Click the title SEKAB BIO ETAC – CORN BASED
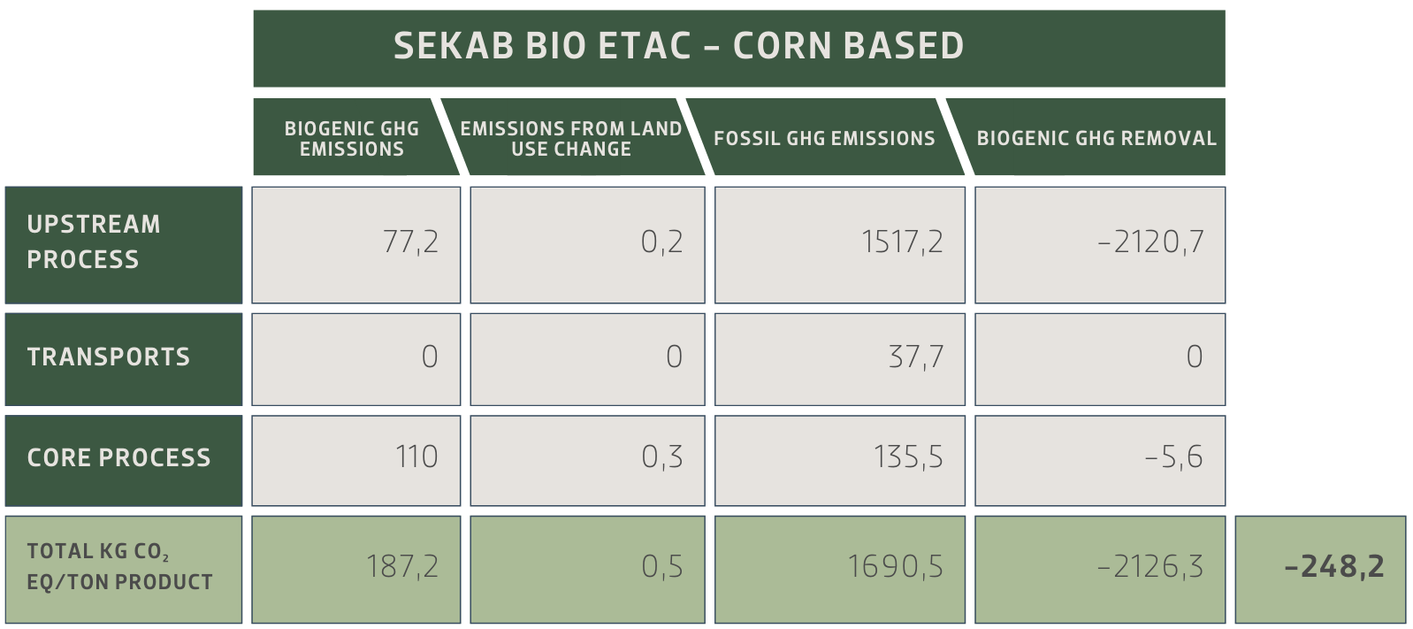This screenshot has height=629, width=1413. point(678,47)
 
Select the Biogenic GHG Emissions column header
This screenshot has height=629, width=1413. point(352,139)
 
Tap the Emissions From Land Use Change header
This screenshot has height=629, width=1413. point(571,139)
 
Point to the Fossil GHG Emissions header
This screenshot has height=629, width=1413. point(824,139)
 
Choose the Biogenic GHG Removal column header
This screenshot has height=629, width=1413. point(1096,139)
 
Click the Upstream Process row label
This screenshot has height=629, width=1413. point(95,242)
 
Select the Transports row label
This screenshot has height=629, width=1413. point(109,357)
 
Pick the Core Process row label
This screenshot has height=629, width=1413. point(119,457)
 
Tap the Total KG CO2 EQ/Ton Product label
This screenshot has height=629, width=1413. point(120,566)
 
